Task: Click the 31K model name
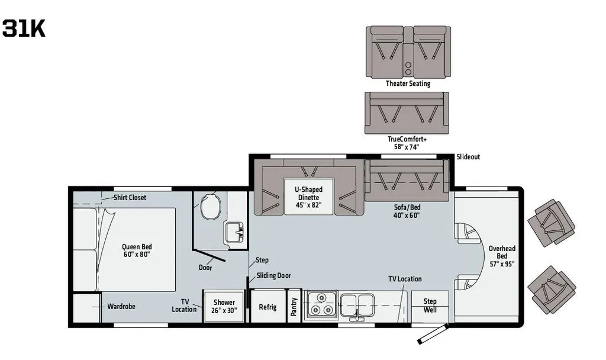(24, 28)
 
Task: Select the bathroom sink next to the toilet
(234, 232)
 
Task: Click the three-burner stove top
(321, 305)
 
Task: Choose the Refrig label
(267, 307)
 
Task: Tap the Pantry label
(294, 307)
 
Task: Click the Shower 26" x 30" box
(224, 306)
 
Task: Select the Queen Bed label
(137, 250)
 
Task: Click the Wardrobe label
(121, 307)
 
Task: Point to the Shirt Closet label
(130, 198)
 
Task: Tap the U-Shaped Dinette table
(308, 197)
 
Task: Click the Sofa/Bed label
(406, 211)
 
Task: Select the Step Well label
(430, 306)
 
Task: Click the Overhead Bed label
(502, 256)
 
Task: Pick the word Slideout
(468, 157)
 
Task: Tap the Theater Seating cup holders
(408, 69)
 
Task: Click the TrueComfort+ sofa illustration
(407, 113)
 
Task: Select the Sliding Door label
(273, 276)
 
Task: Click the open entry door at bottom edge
(433, 334)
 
